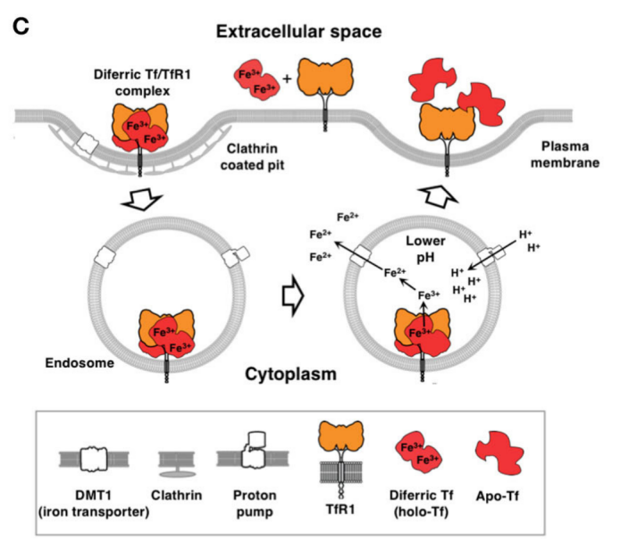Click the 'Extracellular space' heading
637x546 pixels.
point(298,32)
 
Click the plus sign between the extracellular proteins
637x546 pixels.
point(286,79)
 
